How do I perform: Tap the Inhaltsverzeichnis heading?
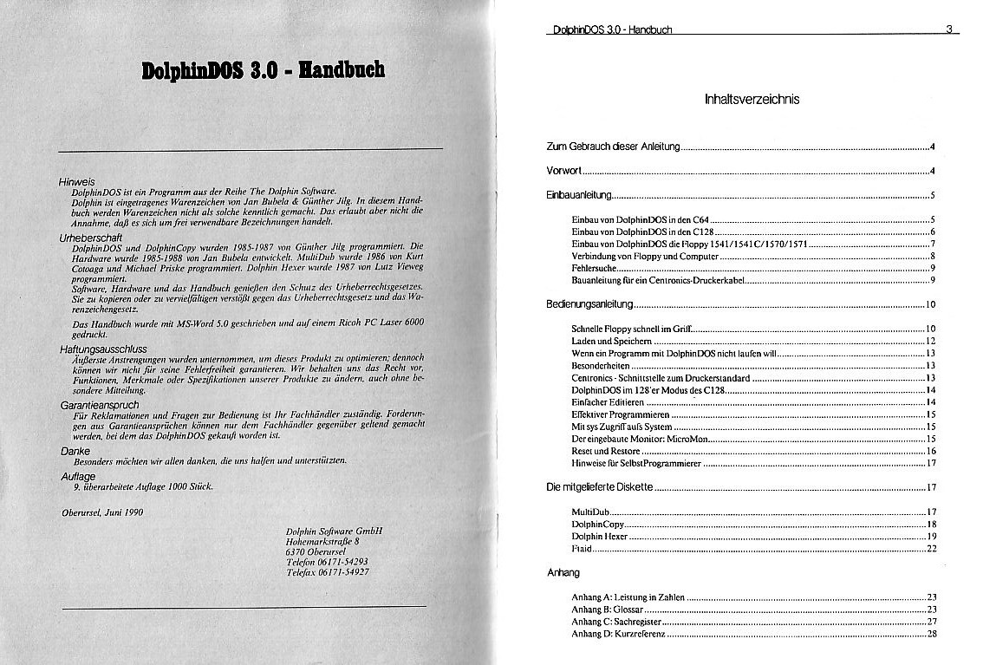[752, 99]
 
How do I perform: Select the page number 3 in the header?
[950, 29]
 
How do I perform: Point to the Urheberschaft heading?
[90, 236]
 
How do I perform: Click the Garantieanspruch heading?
[99, 404]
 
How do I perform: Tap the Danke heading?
[75, 451]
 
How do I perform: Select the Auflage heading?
[78, 477]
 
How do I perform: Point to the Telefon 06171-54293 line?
[327, 562]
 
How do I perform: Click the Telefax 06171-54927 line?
[327, 572]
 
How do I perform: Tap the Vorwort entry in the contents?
[563, 170]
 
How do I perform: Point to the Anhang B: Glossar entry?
[609, 610]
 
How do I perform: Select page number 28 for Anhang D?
[932, 634]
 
